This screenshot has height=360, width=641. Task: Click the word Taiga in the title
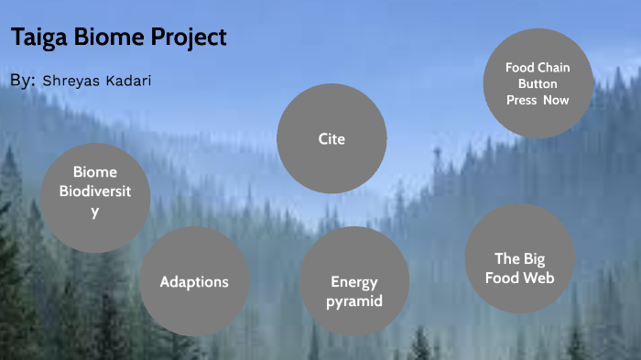pyautogui.click(x=37, y=38)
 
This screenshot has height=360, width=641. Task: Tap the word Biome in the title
pyautogui.click(x=105, y=38)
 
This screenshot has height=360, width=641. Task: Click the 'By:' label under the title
pyautogui.click(x=23, y=81)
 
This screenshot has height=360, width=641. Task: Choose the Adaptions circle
pyautogui.click(x=194, y=281)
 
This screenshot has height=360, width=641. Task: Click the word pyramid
pyautogui.click(x=355, y=301)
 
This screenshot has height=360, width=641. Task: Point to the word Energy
pyautogui.click(x=354, y=282)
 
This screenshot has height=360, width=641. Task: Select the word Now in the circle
pyautogui.click(x=556, y=100)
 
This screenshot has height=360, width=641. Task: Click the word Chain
pyautogui.click(x=553, y=68)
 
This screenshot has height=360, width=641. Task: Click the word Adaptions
pyautogui.click(x=194, y=281)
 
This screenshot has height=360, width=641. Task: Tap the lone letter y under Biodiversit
pyautogui.click(x=94, y=212)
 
